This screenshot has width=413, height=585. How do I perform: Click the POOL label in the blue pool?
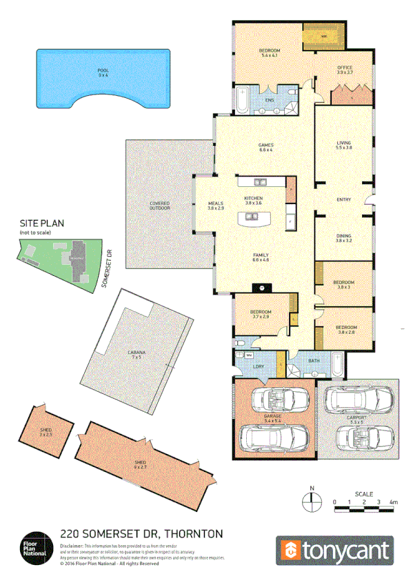103,70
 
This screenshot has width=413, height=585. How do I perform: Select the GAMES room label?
265,145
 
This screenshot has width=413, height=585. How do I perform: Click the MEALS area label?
216,204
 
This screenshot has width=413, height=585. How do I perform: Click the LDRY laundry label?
259,366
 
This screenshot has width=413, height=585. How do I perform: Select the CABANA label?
136,353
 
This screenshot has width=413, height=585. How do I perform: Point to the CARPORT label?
357,418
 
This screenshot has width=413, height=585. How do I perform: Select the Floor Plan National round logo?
36,544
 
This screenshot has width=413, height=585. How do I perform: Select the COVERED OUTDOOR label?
160,206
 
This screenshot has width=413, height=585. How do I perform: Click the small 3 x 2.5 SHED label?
46,432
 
